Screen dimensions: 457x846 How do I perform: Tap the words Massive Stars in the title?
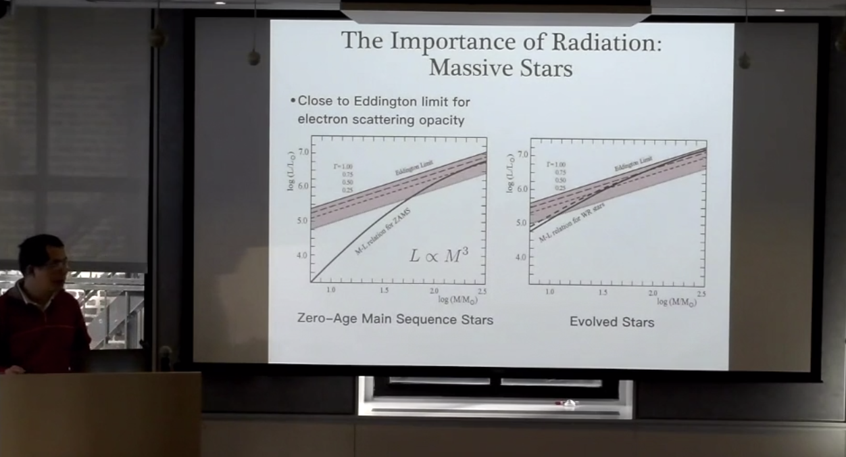501,68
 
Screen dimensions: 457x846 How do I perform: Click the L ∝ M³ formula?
439,256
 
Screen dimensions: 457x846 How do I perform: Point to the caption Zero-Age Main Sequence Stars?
395,319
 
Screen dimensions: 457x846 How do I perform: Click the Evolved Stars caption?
612,322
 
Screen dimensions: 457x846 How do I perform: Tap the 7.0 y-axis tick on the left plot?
303,152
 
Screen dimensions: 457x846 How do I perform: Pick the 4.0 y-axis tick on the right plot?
521,258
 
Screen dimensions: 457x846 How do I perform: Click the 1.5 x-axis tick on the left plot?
384,290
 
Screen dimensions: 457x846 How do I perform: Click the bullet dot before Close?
293,102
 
